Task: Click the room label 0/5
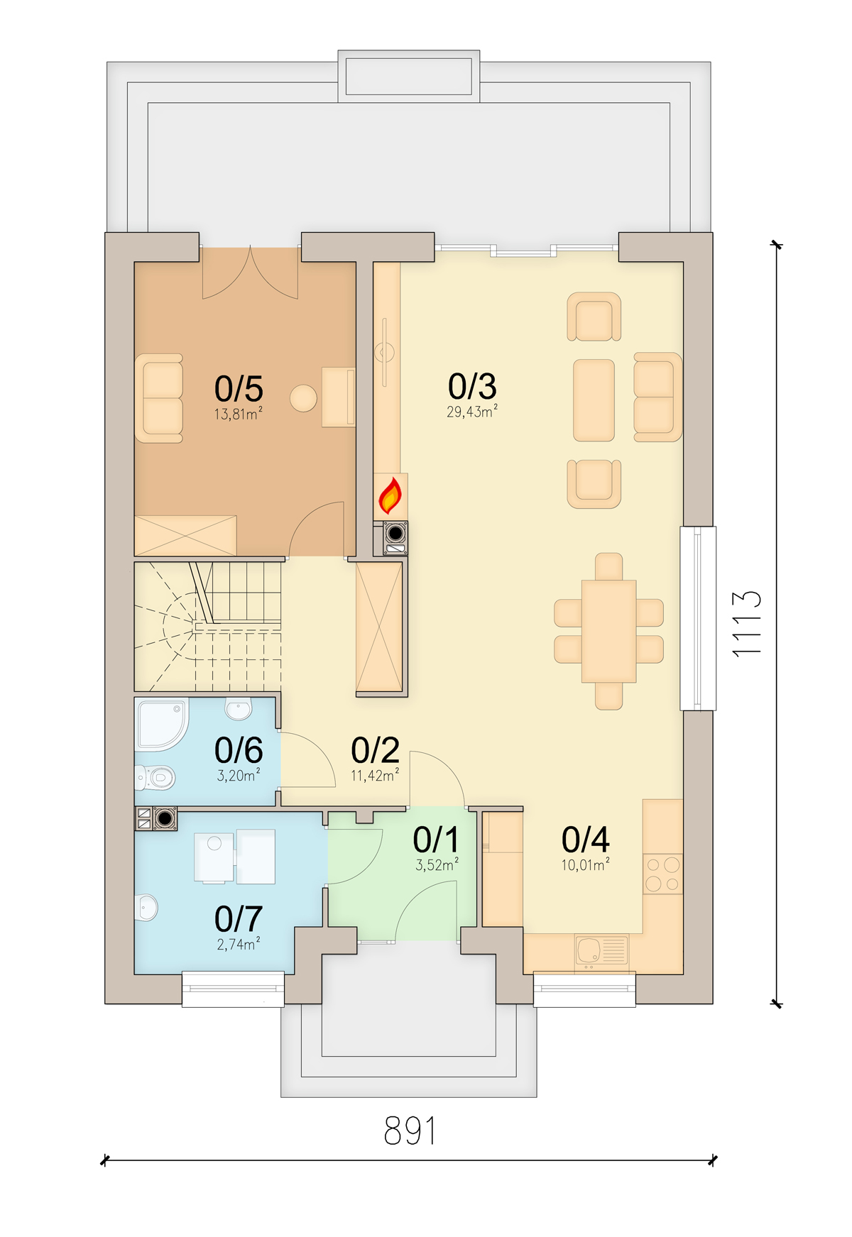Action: coord(239,389)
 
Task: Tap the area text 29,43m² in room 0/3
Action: coord(471,412)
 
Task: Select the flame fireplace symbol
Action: coord(390,495)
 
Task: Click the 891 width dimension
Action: coord(410,1131)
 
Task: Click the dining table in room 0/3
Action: coord(608,631)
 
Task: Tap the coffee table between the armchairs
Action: coord(594,400)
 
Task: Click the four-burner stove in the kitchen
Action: coord(662,874)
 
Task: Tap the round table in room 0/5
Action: coord(303,398)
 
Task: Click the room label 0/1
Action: coord(436,840)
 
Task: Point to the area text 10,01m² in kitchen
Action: coord(585,865)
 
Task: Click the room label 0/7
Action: coord(239,919)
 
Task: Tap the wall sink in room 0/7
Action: coord(146,907)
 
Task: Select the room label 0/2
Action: coord(375,750)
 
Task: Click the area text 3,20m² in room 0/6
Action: coord(239,776)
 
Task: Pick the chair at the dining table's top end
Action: coord(608,566)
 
